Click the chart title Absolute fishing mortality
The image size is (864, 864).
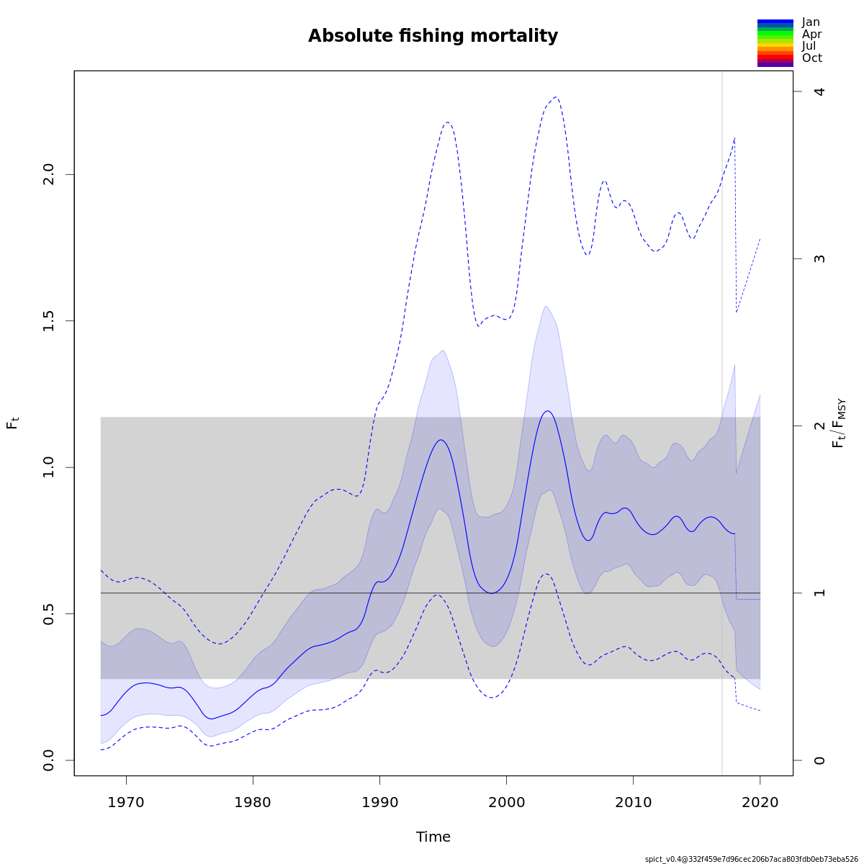(433, 36)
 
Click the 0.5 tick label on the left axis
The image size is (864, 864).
(49, 613)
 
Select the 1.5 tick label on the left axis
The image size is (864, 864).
(49, 321)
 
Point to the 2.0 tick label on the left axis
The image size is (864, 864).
(49, 175)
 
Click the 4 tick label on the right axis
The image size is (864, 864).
(819, 91)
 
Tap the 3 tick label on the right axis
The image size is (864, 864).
(819, 258)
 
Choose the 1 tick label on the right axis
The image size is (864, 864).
(819, 593)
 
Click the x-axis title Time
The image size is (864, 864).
(433, 837)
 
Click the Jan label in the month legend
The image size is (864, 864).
(811, 22)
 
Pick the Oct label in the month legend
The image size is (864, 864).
(811, 58)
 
